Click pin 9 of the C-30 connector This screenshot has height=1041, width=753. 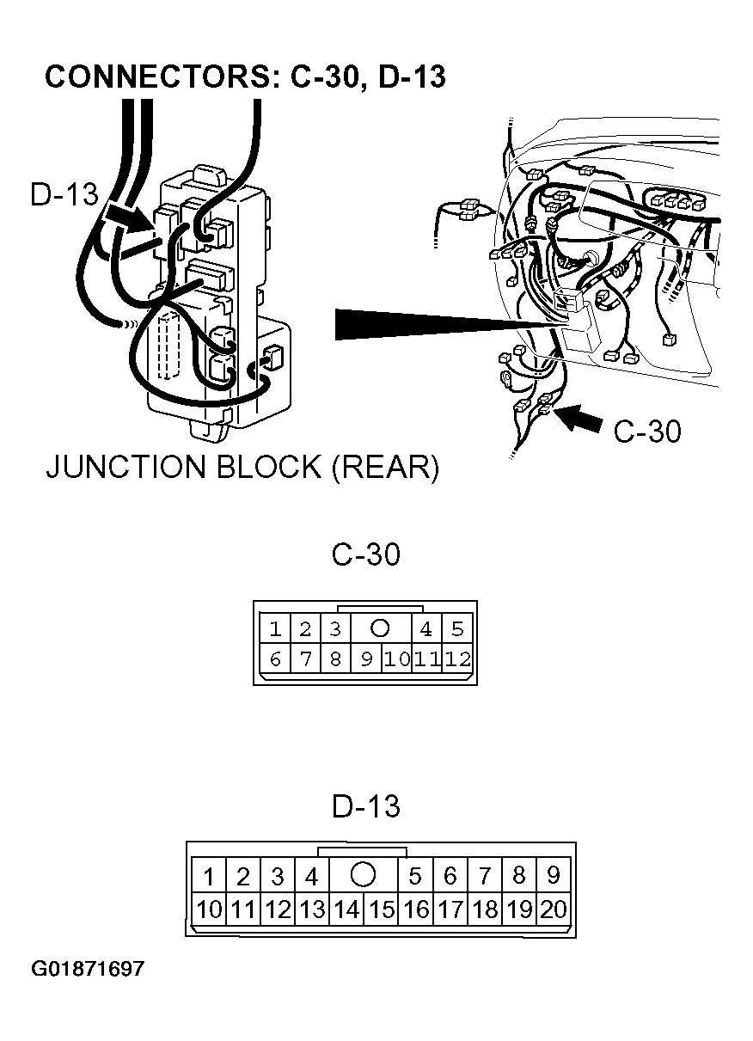[366, 659]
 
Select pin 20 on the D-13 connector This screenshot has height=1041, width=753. [554, 909]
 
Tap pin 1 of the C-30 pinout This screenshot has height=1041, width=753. [275, 628]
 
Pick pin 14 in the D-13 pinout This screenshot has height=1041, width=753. [346, 909]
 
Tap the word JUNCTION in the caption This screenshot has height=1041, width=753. [126, 467]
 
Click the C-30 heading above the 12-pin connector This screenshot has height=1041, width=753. [366, 554]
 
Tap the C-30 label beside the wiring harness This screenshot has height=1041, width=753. [647, 431]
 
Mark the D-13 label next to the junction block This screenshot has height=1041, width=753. [64, 193]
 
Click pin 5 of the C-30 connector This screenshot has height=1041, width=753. [457, 628]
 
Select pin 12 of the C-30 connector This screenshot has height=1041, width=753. [457, 659]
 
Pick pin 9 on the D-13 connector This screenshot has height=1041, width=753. [554, 875]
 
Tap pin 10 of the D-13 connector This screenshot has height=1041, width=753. [209, 909]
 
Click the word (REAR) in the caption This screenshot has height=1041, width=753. [385, 468]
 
